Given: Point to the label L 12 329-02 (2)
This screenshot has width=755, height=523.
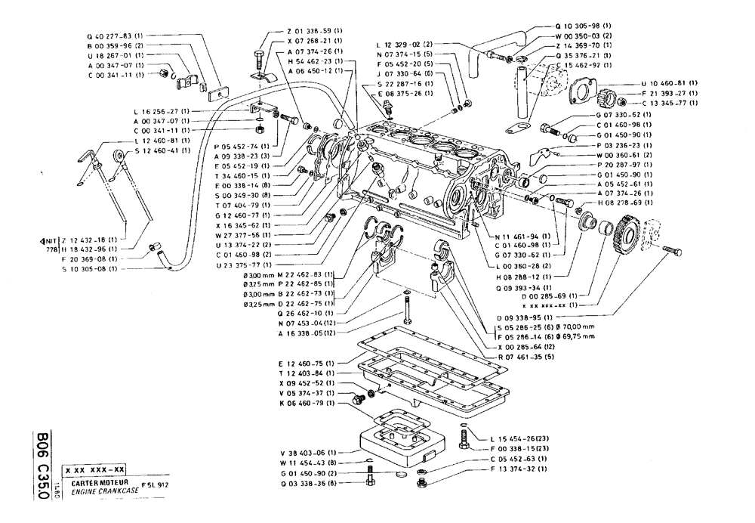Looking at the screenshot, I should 405,45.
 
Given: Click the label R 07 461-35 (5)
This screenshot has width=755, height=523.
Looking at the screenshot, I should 519,356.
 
